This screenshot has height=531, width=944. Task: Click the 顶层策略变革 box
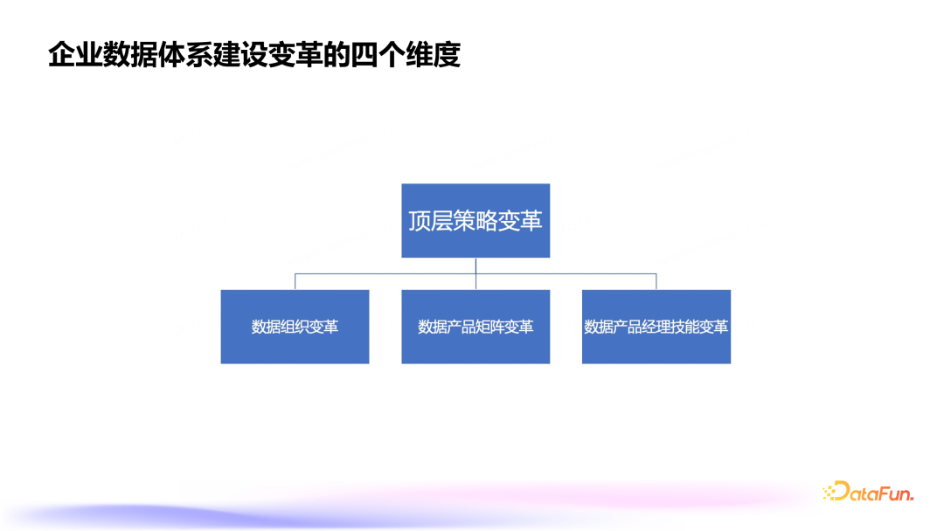pyautogui.click(x=475, y=220)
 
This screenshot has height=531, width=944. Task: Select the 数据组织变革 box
pyautogui.click(x=295, y=327)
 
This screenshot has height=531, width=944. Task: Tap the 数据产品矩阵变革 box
pyautogui.click(x=475, y=327)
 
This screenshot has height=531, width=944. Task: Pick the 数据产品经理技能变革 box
pyautogui.click(x=656, y=327)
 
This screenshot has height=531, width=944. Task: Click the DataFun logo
pyautogui.click(x=868, y=493)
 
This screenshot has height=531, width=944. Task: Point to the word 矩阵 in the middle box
pyautogui.click(x=490, y=328)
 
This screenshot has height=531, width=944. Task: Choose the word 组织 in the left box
pyautogui.click(x=295, y=328)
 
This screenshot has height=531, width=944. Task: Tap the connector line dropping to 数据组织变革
pyautogui.click(x=295, y=281)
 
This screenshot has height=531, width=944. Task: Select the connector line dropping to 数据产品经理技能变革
pyautogui.click(x=656, y=281)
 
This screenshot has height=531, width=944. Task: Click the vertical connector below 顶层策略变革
pyautogui.click(x=475, y=265)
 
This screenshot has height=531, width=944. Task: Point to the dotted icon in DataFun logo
pyautogui.click(x=829, y=493)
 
